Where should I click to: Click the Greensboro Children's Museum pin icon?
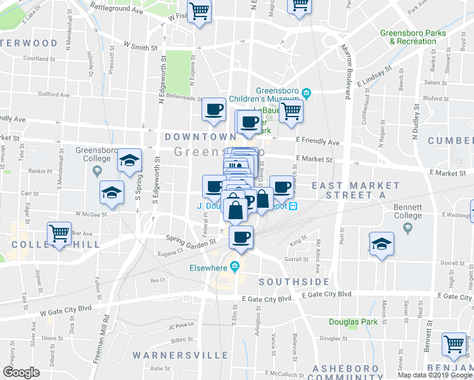point(307,94)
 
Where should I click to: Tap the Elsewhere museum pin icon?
point(235,267)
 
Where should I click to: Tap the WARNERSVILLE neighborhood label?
point(179,355)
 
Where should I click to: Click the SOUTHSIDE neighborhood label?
point(294,282)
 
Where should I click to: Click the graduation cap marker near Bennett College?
point(381,243)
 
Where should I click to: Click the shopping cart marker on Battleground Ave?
point(199,11)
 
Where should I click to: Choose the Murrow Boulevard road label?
point(347,73)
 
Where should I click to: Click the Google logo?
point(22,372)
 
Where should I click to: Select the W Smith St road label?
point(140,46)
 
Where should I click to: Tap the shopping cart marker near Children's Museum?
point(291,111)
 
